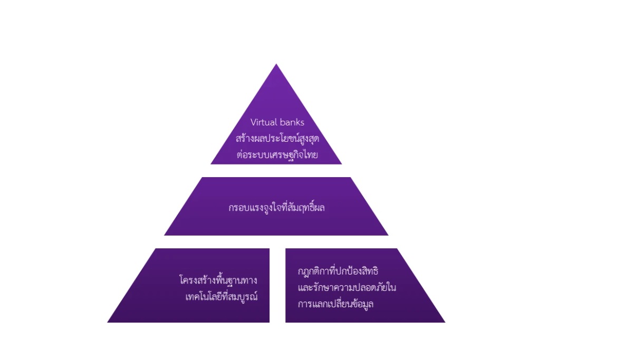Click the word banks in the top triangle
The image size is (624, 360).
[x=291, y=122]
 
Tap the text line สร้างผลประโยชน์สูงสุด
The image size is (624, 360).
[x=277, y=138]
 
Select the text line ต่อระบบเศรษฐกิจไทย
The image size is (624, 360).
[x=277, y=154]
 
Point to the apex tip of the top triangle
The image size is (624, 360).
[x=276, y=64]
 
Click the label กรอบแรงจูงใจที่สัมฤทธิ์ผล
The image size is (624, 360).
[x=276, y=207]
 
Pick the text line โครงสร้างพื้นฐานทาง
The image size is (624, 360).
[x=218, y=280]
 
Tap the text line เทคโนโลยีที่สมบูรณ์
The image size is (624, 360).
[x=221, y=296]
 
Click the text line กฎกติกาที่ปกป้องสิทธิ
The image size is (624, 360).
[x=338, y=271]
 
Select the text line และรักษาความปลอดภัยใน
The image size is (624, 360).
[x=347, y=287]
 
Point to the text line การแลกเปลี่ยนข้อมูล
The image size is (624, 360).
[x=335, y=304]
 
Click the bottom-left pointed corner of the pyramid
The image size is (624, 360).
[x=108, y=322]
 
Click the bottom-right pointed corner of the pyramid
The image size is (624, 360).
[x=445, y=322]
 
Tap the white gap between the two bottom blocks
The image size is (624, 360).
[x=277, y=285]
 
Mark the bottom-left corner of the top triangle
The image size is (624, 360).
[x=211, y=164]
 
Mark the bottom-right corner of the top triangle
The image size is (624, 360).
[x=341, y=164]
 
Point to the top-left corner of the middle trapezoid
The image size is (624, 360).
[x=202, y=178]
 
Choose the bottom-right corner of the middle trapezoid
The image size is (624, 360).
[x=388, y=235]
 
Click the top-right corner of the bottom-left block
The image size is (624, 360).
[x=270, y=249]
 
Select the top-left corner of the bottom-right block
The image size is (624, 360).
[x=286, y=249]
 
